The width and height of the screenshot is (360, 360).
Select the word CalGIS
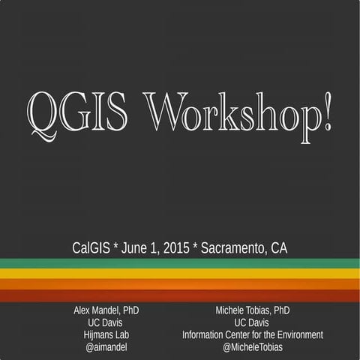pyautogui.click(x=90, y=246)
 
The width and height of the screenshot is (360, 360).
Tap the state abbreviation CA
pyautogui.click(x=278, y=246)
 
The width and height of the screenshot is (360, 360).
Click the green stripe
pyautogui.click(x=180, y=263)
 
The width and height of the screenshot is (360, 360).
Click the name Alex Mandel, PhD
pyautogui.click(x=105, y=310)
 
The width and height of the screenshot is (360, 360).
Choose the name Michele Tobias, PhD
pyautogui.click(x=253, y=310)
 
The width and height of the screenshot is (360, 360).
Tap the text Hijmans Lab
pyautogui.click(x=105, y=334)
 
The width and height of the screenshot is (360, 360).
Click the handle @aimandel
pyautogui.click(x=105, y=347)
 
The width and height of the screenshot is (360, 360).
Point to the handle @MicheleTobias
pyautogui.click(x=253, y=347)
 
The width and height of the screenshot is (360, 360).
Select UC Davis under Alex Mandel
pyautogui.click(x=105, y=322)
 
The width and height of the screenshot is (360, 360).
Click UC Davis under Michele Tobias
pyautogui.click(x=253, y=322)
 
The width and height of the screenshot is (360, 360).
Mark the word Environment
pyautogui.click(x=297, y=334)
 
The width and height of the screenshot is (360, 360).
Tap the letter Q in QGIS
pyautogui.click(x=40, y=112)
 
